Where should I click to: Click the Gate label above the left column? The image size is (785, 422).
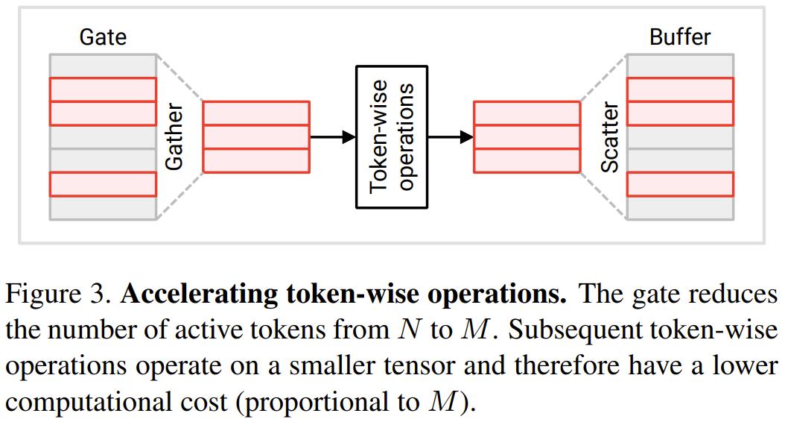tap(103, 37)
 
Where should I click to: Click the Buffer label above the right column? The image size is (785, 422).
tap(680, 37)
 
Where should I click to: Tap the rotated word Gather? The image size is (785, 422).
tap(174, 138)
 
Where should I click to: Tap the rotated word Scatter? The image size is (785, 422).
tap(610, 138)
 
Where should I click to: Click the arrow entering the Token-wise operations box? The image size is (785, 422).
tap(332, 137)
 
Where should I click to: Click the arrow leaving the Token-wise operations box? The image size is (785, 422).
tap(450, 137)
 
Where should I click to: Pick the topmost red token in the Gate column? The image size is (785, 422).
tap(103, 89)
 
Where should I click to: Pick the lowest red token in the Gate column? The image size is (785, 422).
tap(103, 184)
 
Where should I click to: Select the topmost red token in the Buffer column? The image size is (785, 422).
tap(680, 89)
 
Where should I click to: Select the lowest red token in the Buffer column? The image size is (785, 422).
tap(680, 184)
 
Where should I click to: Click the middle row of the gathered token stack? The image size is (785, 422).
tap(255, 137)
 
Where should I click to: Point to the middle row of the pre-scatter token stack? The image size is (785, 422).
tap(527, 137)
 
